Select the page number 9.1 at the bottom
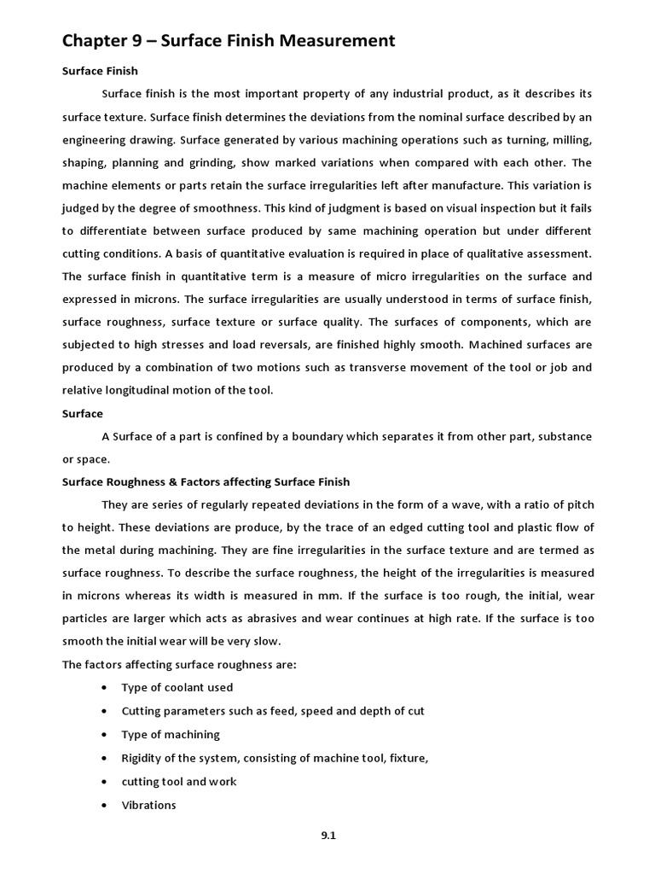(328, 836)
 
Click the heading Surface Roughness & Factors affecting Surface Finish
(206, 481)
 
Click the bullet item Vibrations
(148, 804)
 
